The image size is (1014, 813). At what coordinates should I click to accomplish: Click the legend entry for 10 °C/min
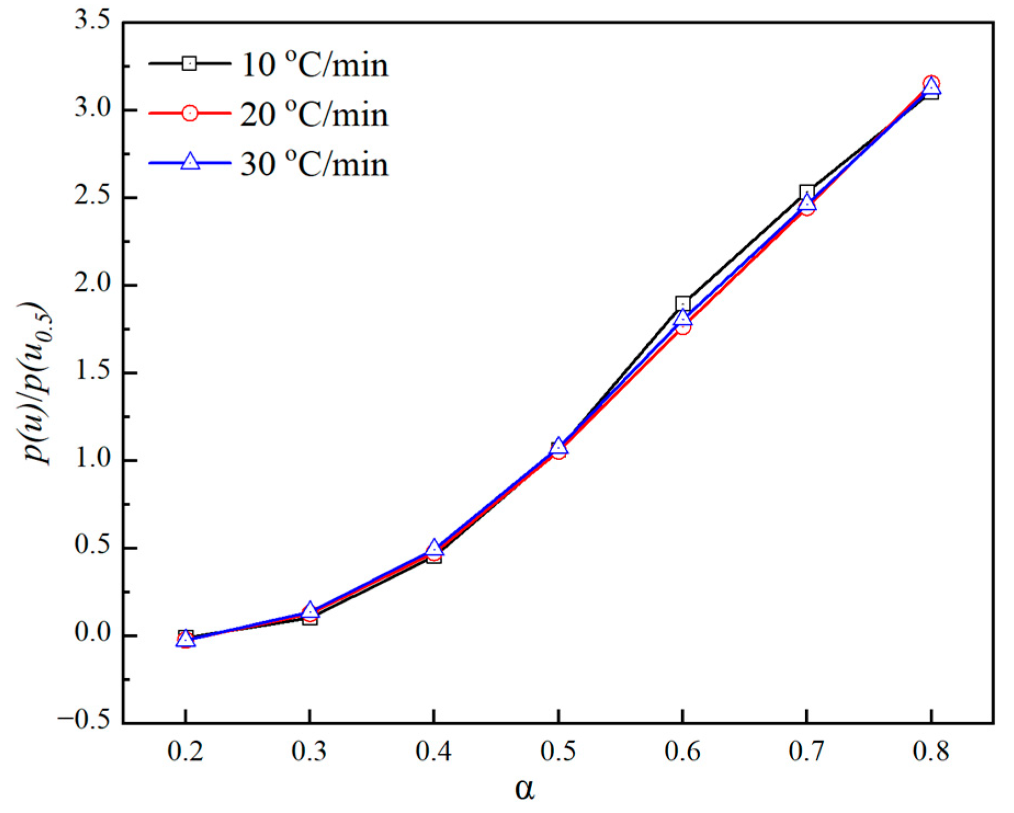[x=314, y=65]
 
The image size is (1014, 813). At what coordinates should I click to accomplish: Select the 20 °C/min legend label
[x=314, y=114]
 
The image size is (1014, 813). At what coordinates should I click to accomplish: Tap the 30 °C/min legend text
[x=314, y=164]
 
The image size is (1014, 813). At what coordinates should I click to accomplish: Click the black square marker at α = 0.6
[x=682, y=304]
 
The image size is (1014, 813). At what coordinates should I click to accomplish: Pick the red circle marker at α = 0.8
[x=931, y=84]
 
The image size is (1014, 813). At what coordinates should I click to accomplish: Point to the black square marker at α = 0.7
[x=806, y=192]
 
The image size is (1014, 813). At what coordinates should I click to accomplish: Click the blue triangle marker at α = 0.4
[x=434, y=547]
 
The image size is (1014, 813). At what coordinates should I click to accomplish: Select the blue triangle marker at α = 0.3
[x=310, y=610]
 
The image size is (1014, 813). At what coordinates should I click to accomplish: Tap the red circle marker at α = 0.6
[x=682, y=327]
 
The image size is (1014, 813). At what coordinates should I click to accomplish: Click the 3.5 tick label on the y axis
[x=92, y=21]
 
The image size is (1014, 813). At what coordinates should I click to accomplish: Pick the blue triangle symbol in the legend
[x=190, y=162]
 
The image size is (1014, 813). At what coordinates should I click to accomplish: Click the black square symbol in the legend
[x=189, y=64]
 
